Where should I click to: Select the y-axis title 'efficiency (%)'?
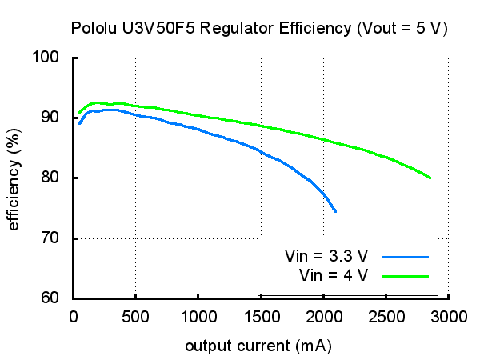click(14, 178)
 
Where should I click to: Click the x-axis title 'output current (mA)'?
click(258, 346)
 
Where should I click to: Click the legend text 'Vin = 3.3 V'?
click(326, 257)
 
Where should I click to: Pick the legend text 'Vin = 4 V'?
click(334, 275)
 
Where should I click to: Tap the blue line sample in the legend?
click(406, 257)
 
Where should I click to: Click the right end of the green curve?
click(430, 178)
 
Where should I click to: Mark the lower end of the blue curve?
click(335, 211)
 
